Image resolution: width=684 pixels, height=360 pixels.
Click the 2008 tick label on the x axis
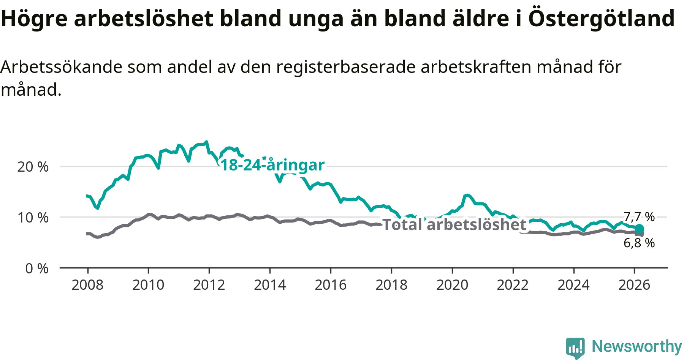click(87, 285)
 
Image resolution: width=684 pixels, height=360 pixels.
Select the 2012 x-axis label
click(209, 285)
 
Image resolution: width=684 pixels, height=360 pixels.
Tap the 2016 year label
click(331, 285)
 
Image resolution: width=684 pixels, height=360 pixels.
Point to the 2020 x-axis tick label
click(452, 285)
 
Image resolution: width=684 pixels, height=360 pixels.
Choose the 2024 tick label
click(573, 285)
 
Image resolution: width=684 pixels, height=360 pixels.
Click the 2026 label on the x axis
click(634, 285)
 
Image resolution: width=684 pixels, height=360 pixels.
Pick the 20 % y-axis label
click(33, 167)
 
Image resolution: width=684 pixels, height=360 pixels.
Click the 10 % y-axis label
click(33, 218)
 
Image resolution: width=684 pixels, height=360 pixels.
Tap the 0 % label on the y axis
click(37, 268)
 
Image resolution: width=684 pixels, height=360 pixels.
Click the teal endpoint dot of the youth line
click(640, 229)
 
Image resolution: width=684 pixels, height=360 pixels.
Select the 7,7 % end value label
click(639, 217)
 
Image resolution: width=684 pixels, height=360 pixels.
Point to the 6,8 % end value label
click(639, 243)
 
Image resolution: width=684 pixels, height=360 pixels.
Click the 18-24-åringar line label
click(272, 165)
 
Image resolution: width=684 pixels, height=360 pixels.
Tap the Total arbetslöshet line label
click(454, 224)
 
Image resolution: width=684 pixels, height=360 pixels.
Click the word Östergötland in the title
click(602, 18)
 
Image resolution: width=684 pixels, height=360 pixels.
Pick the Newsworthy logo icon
click(575, 347)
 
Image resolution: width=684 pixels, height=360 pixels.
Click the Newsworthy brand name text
click(637, 346)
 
